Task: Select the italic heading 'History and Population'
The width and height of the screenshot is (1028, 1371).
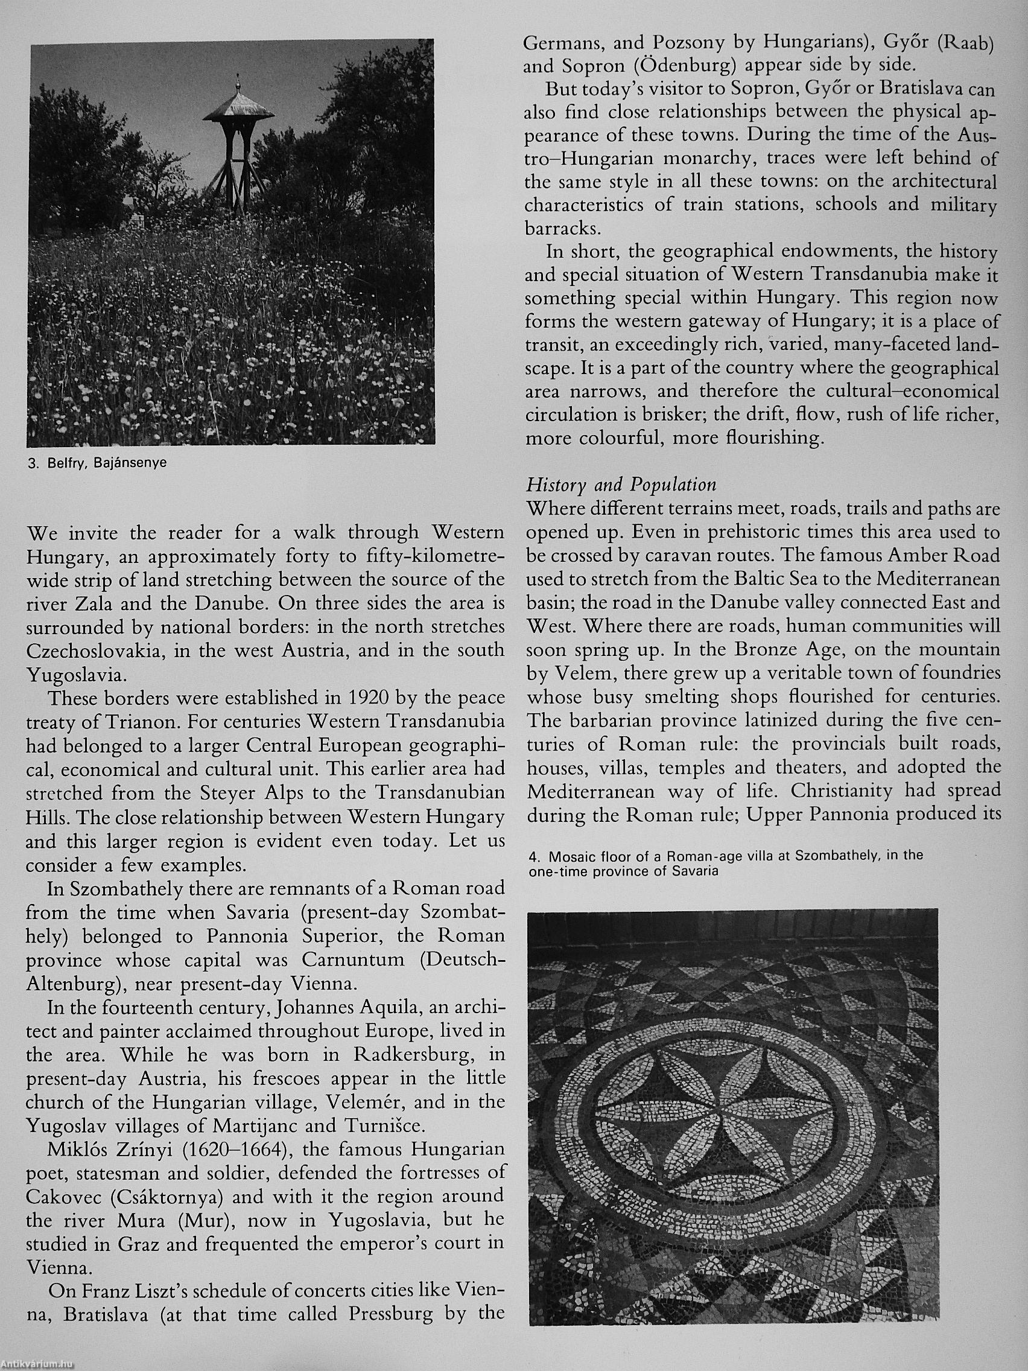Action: click(621, 485)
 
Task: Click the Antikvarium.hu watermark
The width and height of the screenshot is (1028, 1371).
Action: click(37, 1364)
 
